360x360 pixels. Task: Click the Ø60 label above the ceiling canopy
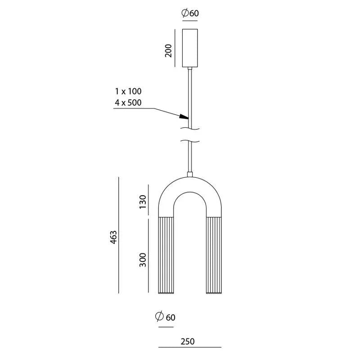coord(190,13)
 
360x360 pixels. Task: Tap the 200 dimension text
coord(168,51)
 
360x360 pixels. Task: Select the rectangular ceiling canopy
coord(190,48)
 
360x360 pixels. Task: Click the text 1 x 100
coord(128,91)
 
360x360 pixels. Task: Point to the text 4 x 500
coord(128,103)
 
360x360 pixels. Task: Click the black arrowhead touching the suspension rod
coord(184,117)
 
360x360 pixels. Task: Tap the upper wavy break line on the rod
coord(190,129)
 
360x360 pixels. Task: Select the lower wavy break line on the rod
coord(190,141)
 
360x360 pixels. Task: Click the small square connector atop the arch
coord(190,175)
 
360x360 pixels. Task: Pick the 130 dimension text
coord(143,202)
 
